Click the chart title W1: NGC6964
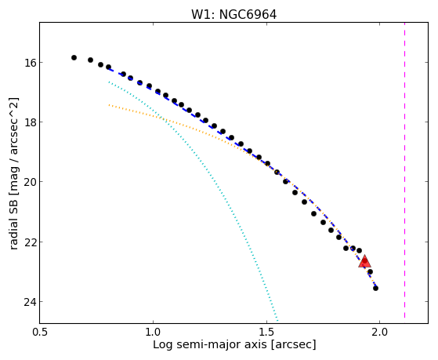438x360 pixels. pos(233,14)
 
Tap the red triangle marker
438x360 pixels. pos(364,261)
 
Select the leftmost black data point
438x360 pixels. pos(74,57)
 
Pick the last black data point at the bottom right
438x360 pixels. pos(375,288)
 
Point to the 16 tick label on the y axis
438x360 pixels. pos(30,63)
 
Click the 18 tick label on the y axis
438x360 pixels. pos(30,122)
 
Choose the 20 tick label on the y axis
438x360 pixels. pos(30,182)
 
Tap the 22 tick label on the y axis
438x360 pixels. pos(30,242)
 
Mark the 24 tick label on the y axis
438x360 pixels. pos(30,302)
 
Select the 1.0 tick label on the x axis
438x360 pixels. pos(154,332)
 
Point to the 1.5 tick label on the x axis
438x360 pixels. pos(266,332)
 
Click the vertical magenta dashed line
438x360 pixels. pos(405,170)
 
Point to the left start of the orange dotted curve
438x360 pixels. pos(109,105)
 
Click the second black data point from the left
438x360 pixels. pos(91,60)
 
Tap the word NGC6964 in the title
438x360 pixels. pos(248,14)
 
